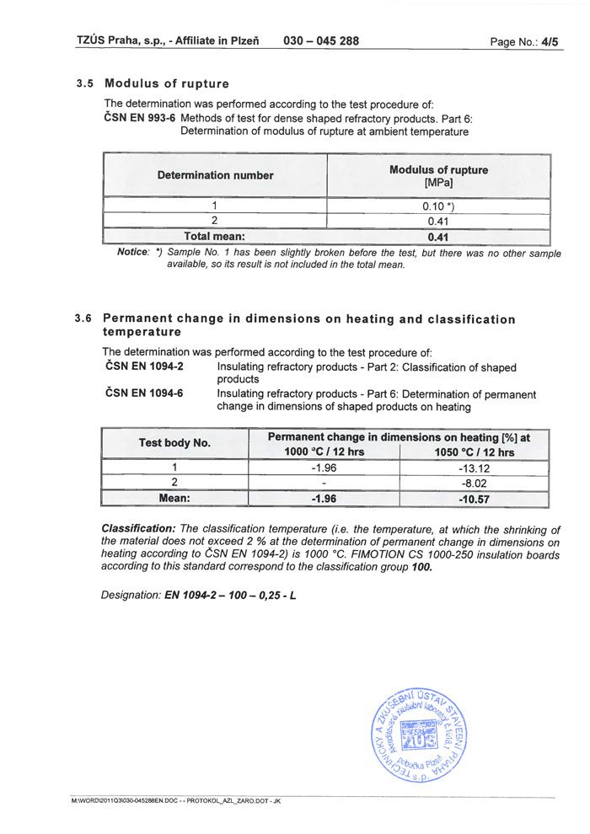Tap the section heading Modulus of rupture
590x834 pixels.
(166, 84)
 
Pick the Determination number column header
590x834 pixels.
(215, 175)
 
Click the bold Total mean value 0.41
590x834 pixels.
(438, 237)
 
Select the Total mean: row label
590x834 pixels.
(215, 237)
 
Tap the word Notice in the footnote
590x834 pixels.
(132, 253)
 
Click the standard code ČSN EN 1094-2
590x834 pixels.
(144, 367)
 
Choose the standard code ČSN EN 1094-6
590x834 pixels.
(144, 393)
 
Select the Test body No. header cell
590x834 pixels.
(174, 443)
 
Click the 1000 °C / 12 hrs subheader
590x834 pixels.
(324, 452)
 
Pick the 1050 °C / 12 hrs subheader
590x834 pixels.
(473, 452)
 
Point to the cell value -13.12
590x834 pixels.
(473, 468)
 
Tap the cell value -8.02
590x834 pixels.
(473, 484)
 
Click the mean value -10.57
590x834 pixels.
(473, 499)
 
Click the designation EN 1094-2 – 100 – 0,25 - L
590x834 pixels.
(230, 595)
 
